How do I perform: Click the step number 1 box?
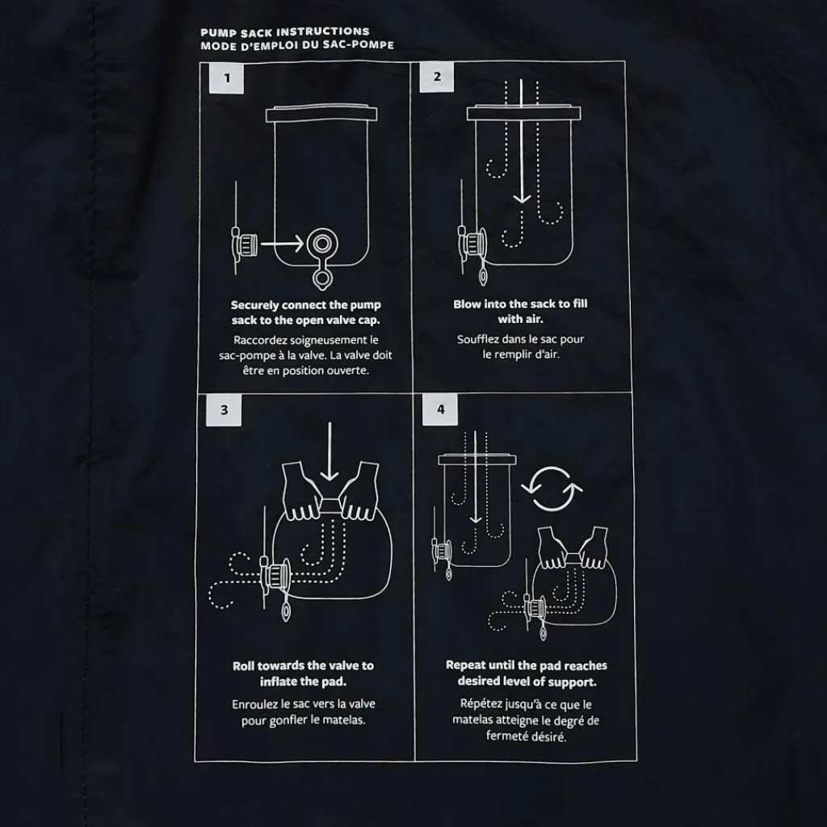(x=226, y=78)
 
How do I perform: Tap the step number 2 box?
(x=437, y=77)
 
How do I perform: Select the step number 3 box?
(x=224, y=409)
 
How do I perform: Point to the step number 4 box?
(x=440, y=409)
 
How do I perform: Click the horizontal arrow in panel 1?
(x=282, y=244)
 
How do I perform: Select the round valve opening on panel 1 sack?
(x=322, y=244)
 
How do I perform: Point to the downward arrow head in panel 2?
(x=522, y=199)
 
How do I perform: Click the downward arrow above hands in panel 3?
(x=330, y=451)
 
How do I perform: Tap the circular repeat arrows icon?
(x=552, y=489)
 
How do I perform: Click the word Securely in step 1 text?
(x=254, y=305)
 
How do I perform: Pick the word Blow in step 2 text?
(x=466, y=304)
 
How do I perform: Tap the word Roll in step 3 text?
(x=243, y=665)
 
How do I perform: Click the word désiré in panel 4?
(x=548, y=737)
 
